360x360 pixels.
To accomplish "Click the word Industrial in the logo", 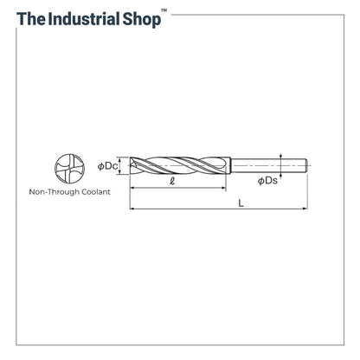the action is (x=84, y=19).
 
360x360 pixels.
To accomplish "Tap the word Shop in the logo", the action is (x=142, y=20).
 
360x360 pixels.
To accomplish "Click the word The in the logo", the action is (x=31, y=19).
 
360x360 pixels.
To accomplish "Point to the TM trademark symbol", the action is (x=164, y=10).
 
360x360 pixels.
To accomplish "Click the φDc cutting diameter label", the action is (x=107, y=166).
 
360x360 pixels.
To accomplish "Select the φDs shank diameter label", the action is (x=267, y=181).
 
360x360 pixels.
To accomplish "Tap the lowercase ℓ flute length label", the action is (x=172, y=181).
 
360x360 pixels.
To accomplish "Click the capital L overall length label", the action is (x=241, y=203).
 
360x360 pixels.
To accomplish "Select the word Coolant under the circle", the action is (x=96, y=192).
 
